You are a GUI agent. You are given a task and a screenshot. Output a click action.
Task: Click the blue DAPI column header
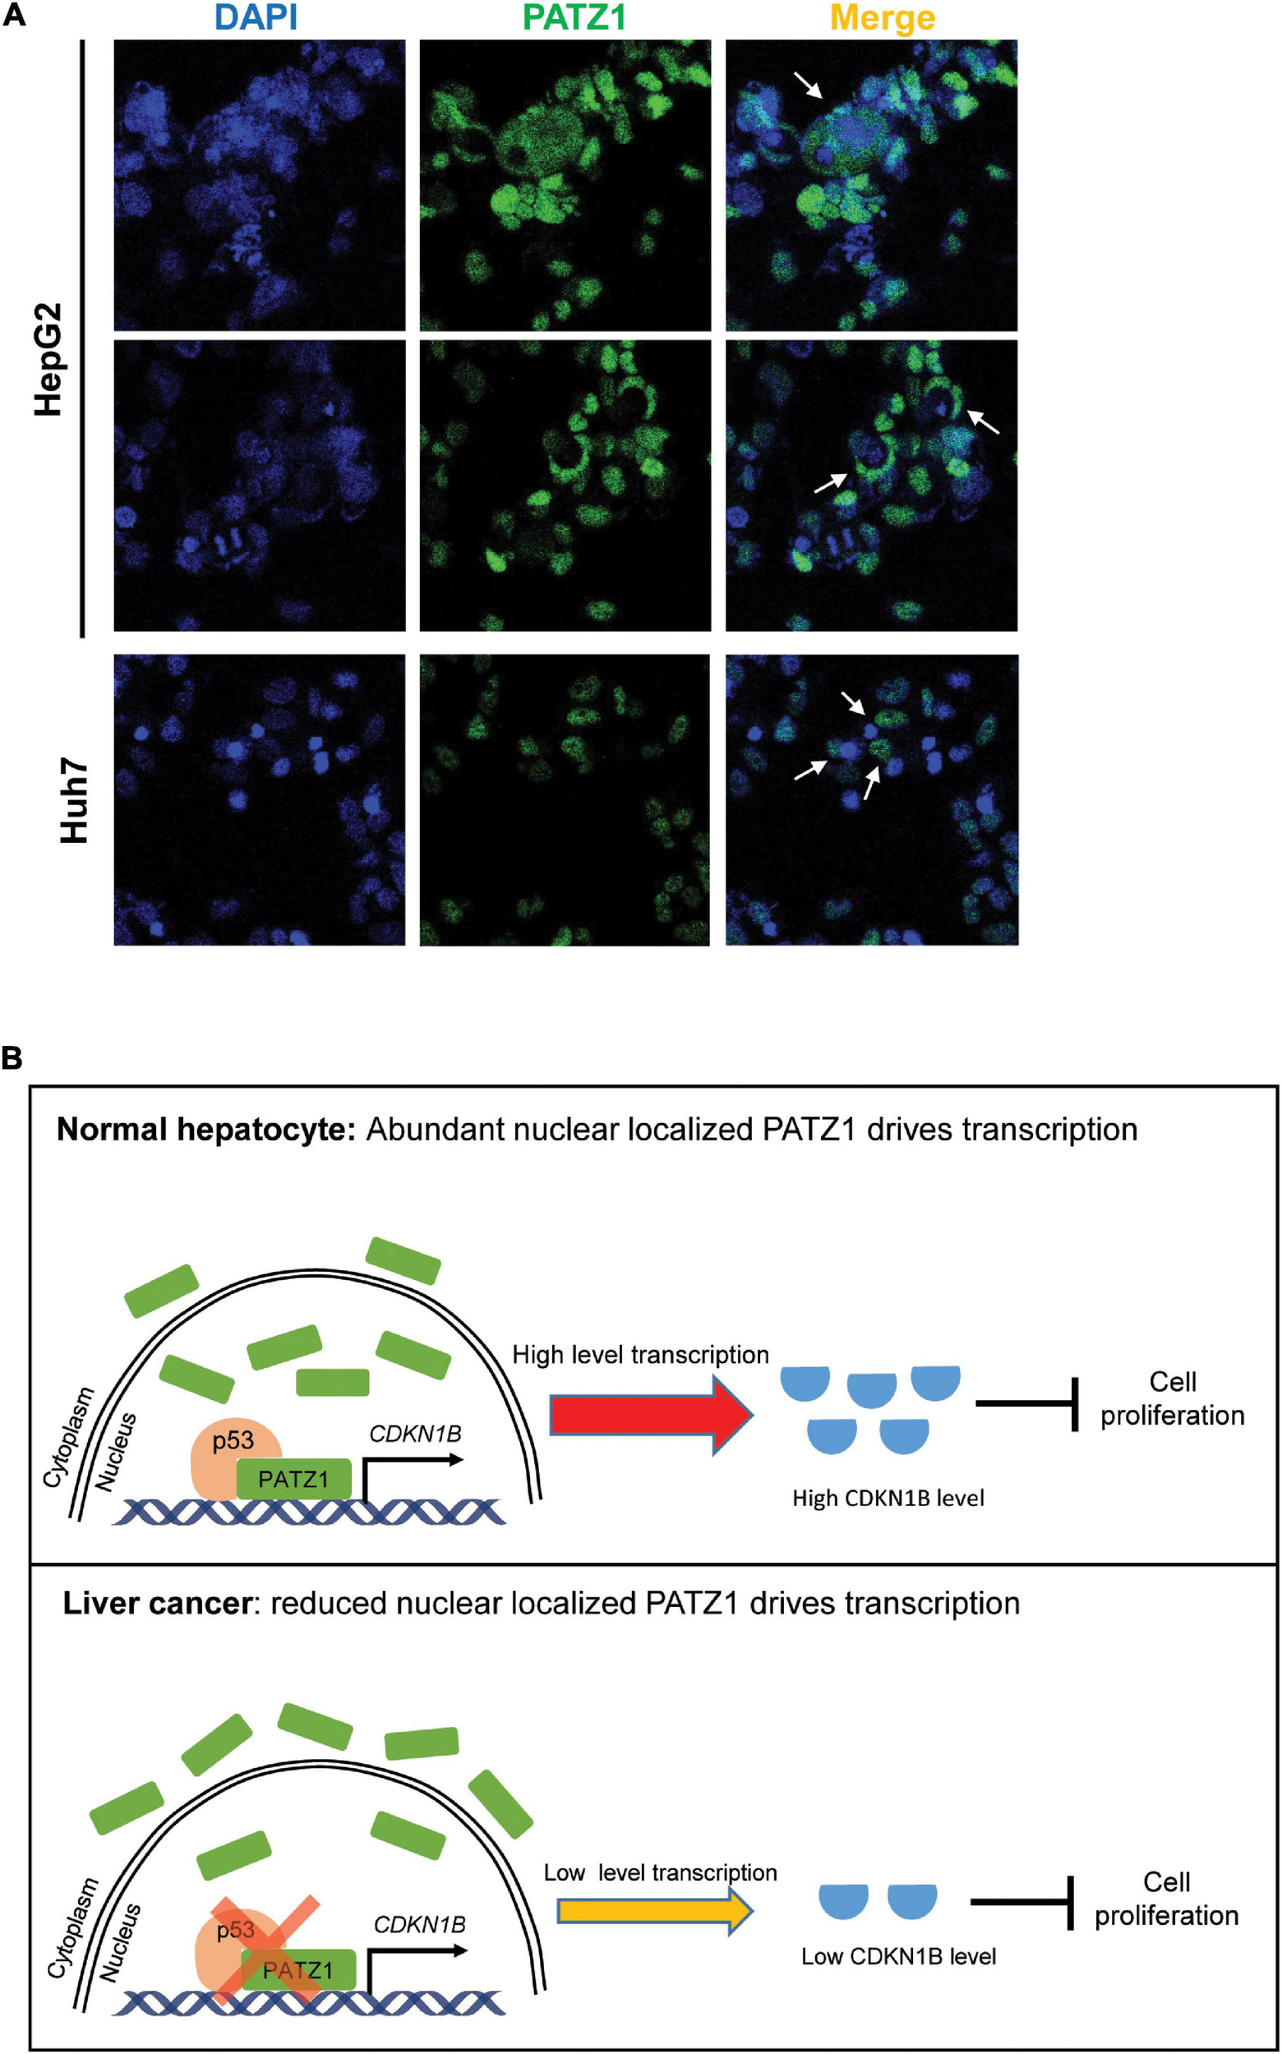[257, 17]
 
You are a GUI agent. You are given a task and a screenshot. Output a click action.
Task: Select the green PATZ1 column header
[574, 17]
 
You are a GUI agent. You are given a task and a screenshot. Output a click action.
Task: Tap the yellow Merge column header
[883, 17]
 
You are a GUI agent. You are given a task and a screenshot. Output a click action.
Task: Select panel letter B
[12, 1058]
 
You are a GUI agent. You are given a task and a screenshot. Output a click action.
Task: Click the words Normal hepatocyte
[205, 1130]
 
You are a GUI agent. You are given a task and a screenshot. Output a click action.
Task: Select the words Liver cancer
[158, 1604]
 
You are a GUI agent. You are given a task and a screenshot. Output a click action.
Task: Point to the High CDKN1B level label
[888, 1498]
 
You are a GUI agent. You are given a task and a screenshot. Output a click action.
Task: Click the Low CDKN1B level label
[898, 1956]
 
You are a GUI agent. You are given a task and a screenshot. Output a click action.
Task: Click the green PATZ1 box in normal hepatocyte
[293, 1479]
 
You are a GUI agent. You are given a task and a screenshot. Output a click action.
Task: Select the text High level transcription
[640, 1355]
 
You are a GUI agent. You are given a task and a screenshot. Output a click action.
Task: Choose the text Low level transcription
[660, 1872]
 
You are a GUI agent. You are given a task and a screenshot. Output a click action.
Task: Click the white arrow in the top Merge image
[808, 85]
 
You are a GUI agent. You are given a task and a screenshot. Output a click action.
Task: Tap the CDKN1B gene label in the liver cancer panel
[420, 1924]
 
